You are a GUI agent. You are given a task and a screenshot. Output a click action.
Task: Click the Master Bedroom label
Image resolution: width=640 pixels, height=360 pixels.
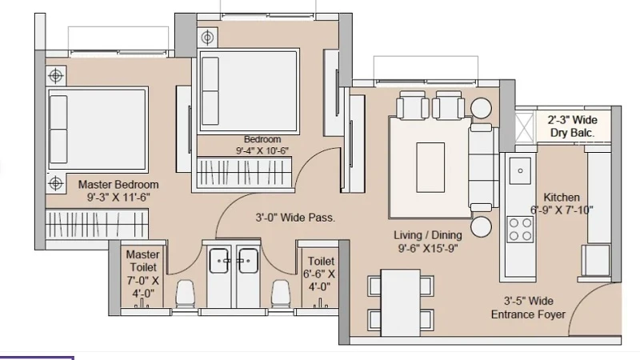pyautogui.click(x=118, y=185)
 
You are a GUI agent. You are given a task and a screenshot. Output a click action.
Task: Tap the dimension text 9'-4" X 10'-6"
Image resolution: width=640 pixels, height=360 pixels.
pyautogui.click(x=262, y=150)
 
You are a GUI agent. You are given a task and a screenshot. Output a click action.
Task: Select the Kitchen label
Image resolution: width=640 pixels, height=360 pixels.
pyautogui.click(x=562, y=197)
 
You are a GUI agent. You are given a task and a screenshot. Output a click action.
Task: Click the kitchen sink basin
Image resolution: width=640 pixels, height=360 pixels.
pyautogui.click(x=521, y=170)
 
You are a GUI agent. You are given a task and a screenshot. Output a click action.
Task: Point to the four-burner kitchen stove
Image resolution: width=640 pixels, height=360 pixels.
pyautogui.click(x=521, y=229)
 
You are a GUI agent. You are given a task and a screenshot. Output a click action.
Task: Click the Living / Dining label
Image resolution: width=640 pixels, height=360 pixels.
pyautogui.click(x=428, y=235)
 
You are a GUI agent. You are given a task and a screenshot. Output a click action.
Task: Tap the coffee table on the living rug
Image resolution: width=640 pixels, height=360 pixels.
pyautogui.click(x=430, y=167)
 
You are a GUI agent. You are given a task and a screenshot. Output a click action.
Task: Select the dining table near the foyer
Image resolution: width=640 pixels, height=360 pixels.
pyautogui.click(x=401, y=302)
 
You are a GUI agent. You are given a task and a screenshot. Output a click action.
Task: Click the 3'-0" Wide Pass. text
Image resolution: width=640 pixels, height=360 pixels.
pyautogui.click(x=295, y=218)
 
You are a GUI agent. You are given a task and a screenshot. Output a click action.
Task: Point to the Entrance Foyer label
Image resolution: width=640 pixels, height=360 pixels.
pyautogui.click(x=528, y=314)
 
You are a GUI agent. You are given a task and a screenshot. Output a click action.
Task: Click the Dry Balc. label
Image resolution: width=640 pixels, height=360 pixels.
pyautogui.click(x=572, y=133)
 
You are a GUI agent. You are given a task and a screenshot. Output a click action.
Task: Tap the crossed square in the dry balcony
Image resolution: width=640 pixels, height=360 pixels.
pyautogui.click(x=525, y=127)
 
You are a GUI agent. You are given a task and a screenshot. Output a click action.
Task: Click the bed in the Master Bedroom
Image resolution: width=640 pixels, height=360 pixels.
pyautogui.click(x=98, y=129)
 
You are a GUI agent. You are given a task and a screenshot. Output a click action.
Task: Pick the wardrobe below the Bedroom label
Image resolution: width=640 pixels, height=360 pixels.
pyautogui.click(x=245, y=173)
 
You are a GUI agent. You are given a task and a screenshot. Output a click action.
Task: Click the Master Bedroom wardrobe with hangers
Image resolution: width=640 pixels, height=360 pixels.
pyautogui.click(x=97, y=224)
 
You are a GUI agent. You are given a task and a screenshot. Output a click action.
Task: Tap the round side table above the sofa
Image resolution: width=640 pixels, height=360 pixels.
pyautogui.click(x=482, y=108)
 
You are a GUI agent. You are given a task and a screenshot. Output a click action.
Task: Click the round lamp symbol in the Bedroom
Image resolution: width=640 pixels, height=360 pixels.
pyautogui.click(x=207, y=38)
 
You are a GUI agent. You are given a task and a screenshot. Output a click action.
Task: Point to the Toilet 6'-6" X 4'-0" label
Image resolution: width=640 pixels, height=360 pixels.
pyautogui.click(x=319, y=274)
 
